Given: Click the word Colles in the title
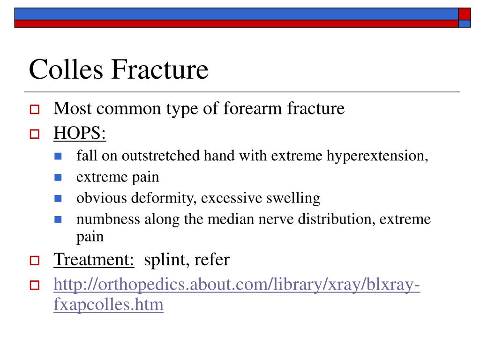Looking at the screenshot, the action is pyautogui.click(x=66, y=69).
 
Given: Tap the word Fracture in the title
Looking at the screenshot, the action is pyautogui.click(x=160, y=69).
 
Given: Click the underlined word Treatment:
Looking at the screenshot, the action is pyautogui.click(x=94, y=260).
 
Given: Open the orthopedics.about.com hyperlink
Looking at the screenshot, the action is pyautogui.click(x=237, y=294).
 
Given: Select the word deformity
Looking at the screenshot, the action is pyautogui.click(x=162, y=198).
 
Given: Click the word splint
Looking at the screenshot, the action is pyautogui.click(x=165, y=260).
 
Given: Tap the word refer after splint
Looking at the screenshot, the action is pyautogui.click(x=212, y=260).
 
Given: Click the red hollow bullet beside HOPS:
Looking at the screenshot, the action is pyautogui.click(x=35, y=134).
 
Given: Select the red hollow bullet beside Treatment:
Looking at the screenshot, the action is pyautogui.click(x=35, y=261).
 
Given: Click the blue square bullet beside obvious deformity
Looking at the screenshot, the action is pyautogui.click(x=58, y=199).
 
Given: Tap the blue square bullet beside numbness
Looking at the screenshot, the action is pyautogui.click(x=58, y=219).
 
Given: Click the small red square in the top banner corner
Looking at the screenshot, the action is pyautogui.click(x=465, y=14).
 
